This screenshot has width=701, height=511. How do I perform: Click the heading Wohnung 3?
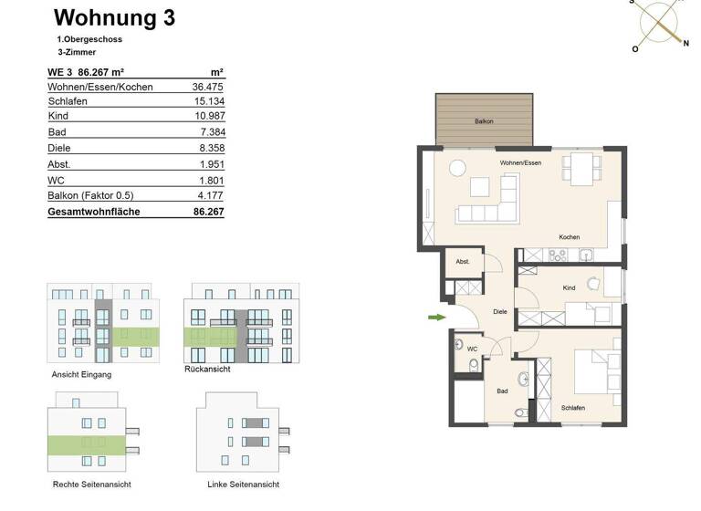114,17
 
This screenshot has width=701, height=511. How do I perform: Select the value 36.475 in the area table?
208,87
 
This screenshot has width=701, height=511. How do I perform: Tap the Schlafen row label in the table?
68,101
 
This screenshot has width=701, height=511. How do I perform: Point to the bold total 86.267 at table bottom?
208,212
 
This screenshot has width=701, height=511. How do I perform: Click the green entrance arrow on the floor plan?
436,318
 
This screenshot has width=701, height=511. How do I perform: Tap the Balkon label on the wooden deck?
484,121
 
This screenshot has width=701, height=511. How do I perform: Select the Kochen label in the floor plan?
569,237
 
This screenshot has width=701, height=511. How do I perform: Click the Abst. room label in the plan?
463,262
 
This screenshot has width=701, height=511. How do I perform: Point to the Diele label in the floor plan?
499,311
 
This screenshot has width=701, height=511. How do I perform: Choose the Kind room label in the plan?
569,287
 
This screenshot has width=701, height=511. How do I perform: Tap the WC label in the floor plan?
472,349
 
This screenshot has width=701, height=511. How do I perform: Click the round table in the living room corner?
455,167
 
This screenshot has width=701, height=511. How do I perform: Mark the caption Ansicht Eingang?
81,375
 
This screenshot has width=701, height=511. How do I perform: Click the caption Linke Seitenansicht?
242,485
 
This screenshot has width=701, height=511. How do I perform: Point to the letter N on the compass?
685,43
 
